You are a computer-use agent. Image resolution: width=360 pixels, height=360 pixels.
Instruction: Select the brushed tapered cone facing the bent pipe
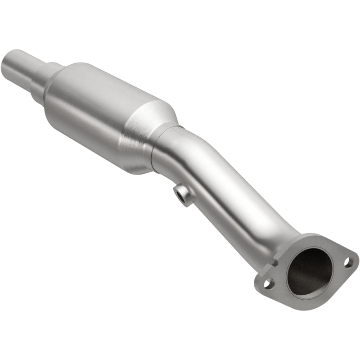(148, 135)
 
